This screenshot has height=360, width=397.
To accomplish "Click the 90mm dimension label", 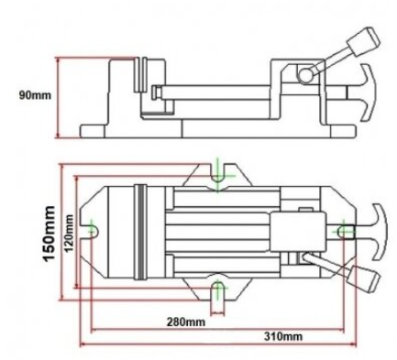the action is coord(35,95).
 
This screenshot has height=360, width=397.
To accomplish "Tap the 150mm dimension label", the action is coord(50,234).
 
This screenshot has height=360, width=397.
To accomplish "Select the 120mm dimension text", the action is coord(70,233).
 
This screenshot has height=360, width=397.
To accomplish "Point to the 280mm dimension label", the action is coord(186,322).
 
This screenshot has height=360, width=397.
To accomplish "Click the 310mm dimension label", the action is coord(283,336).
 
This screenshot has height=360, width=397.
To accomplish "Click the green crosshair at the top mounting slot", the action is coord(217,176).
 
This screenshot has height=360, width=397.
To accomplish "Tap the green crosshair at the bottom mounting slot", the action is coord(218,288).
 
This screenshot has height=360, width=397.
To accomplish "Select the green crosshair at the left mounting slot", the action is coord(92,229).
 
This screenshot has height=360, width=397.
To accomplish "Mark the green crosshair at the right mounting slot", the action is coord(344,231).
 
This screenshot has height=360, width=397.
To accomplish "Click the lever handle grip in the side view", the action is coord(364,41).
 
